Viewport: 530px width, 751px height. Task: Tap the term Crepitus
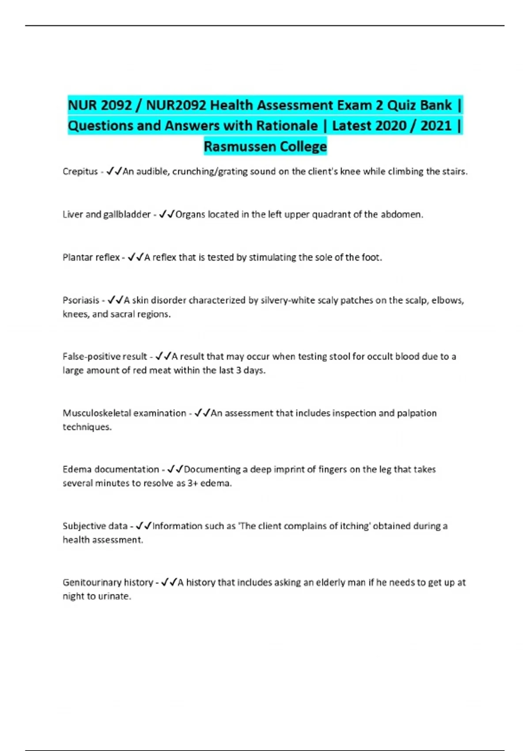coord(80,171)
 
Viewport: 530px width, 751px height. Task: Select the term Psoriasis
coord(81,300)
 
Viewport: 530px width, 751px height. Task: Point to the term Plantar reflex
coord(91,258)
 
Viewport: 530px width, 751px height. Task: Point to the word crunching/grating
coord(210,171)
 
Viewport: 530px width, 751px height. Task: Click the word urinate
coord(117,596)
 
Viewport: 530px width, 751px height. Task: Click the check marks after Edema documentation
coord(175,469)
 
